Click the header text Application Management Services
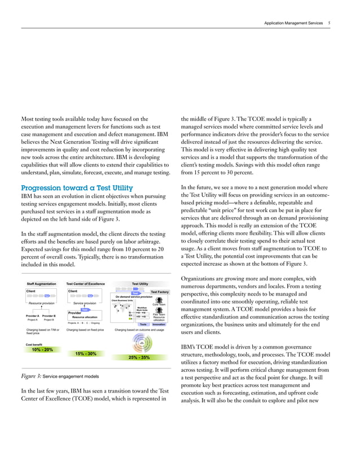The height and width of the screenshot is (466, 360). (293, 23)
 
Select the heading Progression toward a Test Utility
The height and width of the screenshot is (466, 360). (76, 188)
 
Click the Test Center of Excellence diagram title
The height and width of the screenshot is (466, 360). (85, 284)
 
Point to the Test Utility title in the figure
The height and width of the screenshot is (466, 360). (139, 284)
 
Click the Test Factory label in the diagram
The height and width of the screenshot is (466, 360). (160, 292)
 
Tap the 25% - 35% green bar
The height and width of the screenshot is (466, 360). (139, 358)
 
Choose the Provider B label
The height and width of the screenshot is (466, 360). (49, 315)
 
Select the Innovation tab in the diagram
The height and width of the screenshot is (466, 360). (159, 324)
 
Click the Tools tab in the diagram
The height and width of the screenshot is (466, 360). (143, 324)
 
